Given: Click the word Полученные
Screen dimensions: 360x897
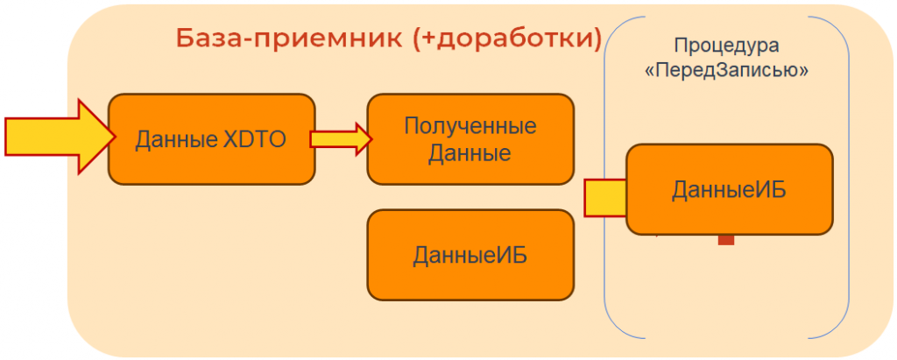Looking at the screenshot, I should pyautogui.click(x=470, y=126).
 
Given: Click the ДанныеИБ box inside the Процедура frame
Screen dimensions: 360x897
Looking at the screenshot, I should pyautogui.click(x=729, y=189).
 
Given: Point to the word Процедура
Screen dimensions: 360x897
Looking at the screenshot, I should pyautogui.click(x=726, y=46).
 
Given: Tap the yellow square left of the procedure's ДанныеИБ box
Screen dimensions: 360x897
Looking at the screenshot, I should pyautogui.click(x=604, y=197).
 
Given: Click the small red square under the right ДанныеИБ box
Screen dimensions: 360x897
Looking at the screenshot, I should pyautogui.click(x=725, y=239).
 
